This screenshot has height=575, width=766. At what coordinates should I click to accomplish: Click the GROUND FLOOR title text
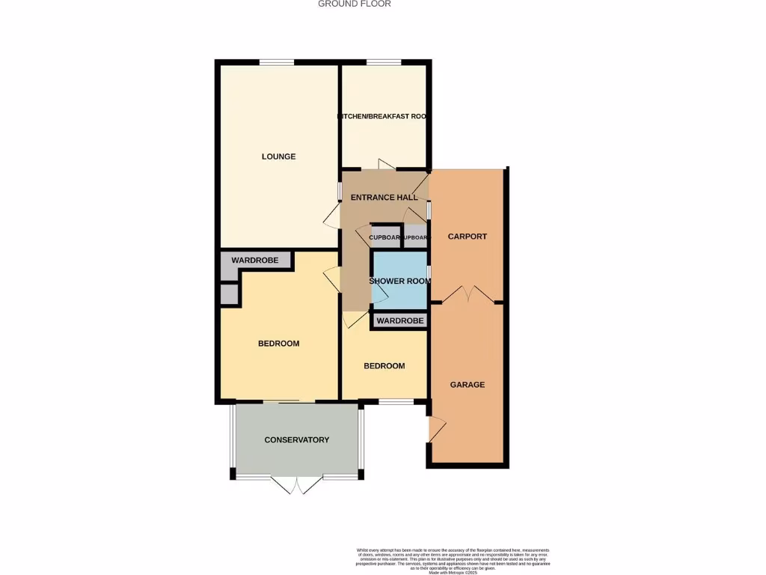click(354, 4)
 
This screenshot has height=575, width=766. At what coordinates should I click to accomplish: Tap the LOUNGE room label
click(278, 156)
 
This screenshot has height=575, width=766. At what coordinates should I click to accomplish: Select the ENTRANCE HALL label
click(384, 198)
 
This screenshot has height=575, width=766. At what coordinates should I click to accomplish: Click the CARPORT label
click(467, 237)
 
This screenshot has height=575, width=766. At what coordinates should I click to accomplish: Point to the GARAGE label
click(467, 385)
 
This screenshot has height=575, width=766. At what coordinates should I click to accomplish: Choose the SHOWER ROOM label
click(400, 282)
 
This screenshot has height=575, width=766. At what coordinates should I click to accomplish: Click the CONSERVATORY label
click(296, 440)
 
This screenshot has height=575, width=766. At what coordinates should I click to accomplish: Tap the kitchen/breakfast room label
click(384, 117)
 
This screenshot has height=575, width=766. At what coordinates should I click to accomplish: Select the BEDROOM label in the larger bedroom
click(278, 344)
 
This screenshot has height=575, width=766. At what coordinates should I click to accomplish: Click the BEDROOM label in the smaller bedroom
click(384, 366)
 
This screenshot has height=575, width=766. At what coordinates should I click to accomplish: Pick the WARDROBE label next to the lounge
click(254, 261)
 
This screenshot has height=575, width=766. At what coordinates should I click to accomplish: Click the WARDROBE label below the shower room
click(399, 321)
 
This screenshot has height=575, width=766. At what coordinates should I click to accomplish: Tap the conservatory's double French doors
click(298, 485)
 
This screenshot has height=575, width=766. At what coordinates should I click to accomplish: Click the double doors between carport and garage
click(468, 294)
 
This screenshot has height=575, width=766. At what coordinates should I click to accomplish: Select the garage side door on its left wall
click(435, 430)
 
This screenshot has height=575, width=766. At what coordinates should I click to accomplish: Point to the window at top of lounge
click(276, 62)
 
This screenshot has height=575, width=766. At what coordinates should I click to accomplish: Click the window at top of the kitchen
click(383, 62)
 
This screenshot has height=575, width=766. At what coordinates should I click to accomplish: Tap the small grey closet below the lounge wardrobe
click(229, 293)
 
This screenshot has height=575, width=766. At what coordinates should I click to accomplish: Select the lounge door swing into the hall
click(331, 216)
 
